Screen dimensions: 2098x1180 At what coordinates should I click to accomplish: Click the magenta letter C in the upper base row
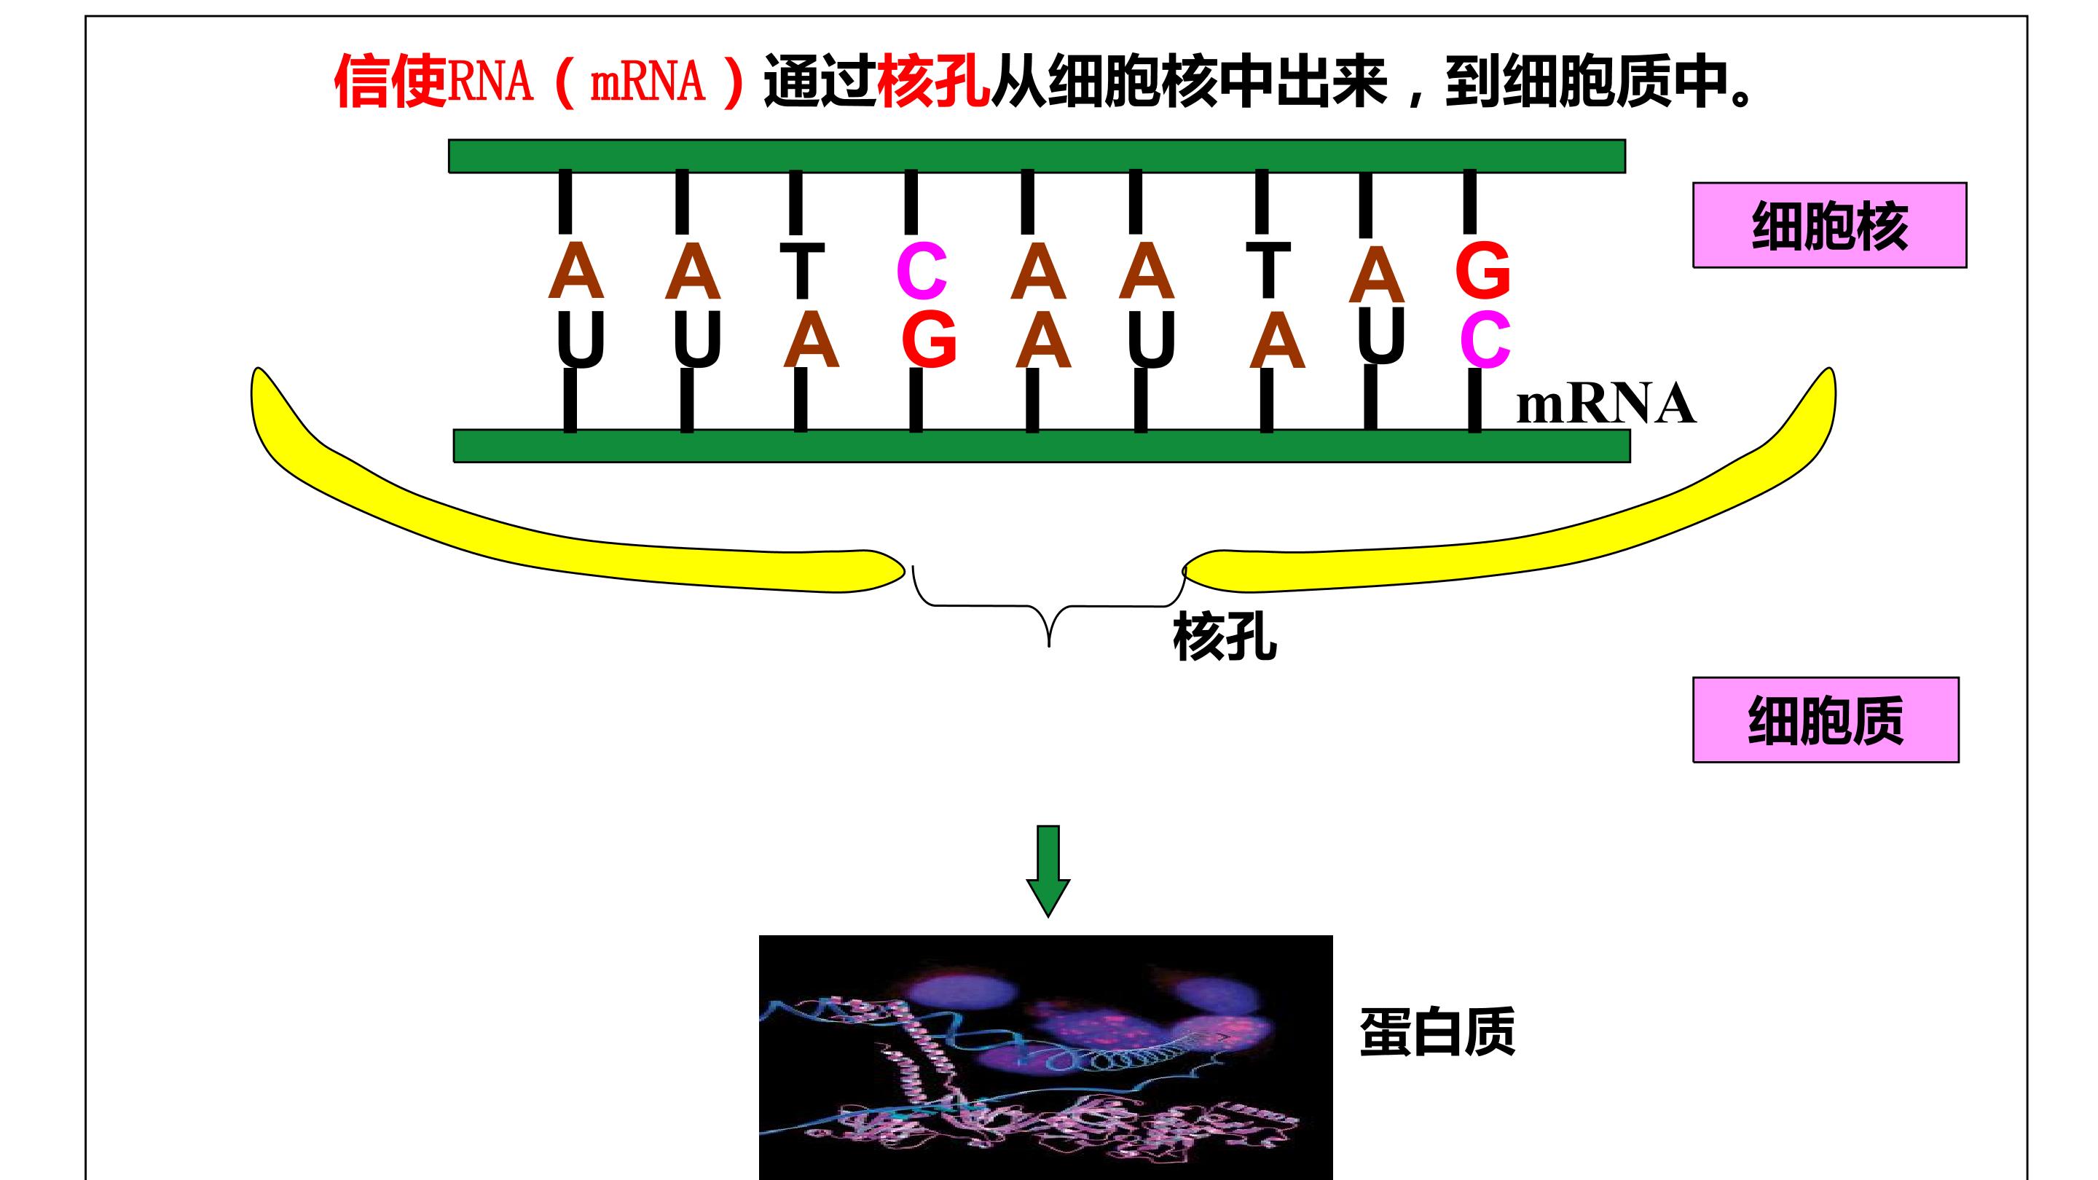(x=921, y=271)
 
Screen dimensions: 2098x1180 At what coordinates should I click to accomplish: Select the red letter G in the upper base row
(x=1482, y=270)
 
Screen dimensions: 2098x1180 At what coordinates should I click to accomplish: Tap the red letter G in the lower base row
(x=929, y=339)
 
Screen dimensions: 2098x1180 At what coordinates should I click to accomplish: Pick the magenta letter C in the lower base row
(x=1485, y=339)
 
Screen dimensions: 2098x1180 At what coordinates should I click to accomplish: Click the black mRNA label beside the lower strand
(x=1606, y=404)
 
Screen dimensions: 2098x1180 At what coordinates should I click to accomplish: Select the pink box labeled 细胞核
(x=1829, y=225)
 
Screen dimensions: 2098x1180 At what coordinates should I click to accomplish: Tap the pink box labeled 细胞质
(x=1825, y=720)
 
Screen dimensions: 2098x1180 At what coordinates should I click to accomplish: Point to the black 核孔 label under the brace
(x=1224, y=637)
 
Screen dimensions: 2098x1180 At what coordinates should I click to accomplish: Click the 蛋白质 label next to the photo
(x=1437, y=1032)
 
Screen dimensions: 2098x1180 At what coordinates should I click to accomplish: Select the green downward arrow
(x=1048, y=871)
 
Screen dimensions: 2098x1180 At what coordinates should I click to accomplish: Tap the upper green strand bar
(x=1037, y=157)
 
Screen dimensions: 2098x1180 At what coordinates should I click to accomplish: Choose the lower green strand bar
(x=1042, y=447)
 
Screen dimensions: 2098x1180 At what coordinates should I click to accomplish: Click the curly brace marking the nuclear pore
(x=1049, y=607)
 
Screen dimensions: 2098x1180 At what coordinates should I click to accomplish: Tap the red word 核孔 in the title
(x=933, y=82)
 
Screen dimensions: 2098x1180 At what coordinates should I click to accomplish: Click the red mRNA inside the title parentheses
(x=647, y=82)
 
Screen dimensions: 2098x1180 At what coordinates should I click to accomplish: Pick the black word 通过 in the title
(x=820, y=82)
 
